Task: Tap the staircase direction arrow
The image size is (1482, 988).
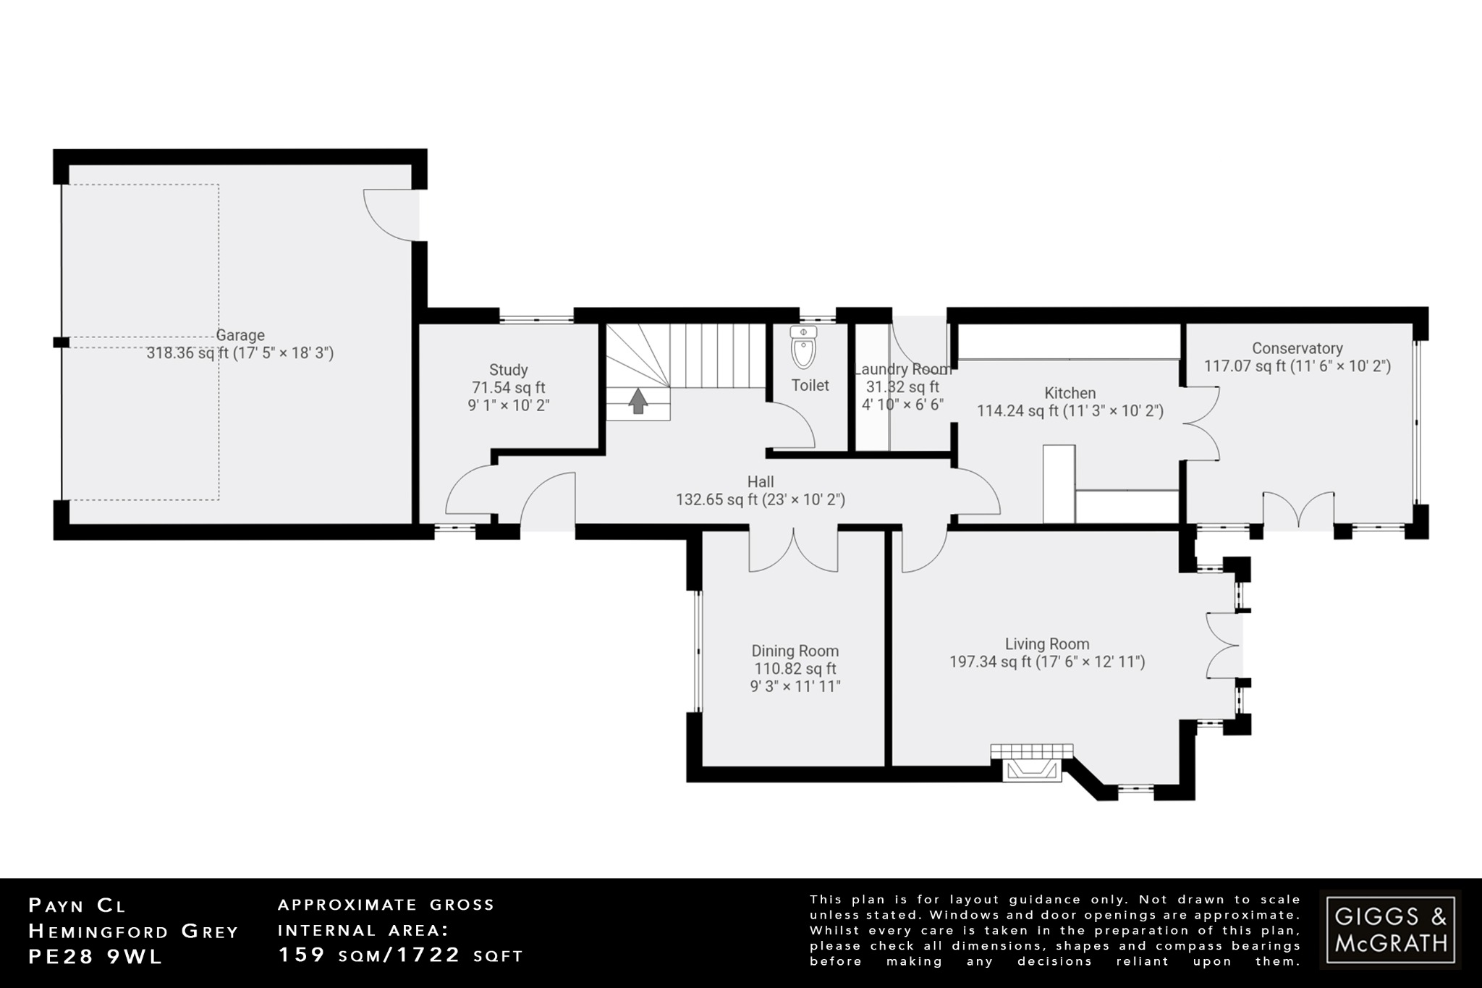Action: coord(638,401)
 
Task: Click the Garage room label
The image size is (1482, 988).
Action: coord(240,335)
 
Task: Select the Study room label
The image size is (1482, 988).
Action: coord(508,370)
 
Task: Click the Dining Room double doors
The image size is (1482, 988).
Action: coord(793,551)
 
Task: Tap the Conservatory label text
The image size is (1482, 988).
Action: coord(1297,348)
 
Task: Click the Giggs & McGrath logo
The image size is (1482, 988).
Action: coord(1390,930)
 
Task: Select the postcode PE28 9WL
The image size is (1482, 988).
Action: coord(96,956)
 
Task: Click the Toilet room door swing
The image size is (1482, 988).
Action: coord(792,427)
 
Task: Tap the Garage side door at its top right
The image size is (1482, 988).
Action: coord(391,214)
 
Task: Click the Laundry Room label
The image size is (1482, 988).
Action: coord(902,369)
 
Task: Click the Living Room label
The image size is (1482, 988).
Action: coord(1046,643)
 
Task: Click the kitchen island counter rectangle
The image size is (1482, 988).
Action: coord(1059,484)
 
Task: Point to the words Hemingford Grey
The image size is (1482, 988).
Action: coord(133,932)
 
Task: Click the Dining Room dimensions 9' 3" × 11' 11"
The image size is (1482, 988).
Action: coord(795,686)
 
